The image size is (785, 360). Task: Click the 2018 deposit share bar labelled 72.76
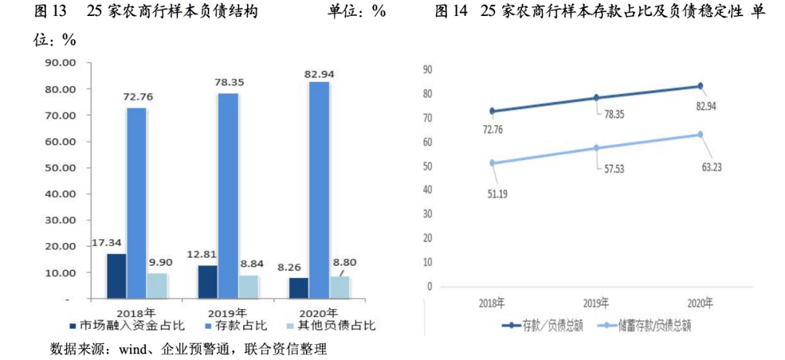(x=137, y=203)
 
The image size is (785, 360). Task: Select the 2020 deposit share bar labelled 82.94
(x=319, y=189)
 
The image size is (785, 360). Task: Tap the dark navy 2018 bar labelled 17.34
(x=116, y=276)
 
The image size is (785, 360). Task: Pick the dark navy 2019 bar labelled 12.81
(x=207, y=281)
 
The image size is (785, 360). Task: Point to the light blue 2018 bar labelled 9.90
(x=157, y=286)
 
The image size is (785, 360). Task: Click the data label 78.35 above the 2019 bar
(x=228, y=82)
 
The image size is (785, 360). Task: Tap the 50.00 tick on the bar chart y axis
(x=61, y=167)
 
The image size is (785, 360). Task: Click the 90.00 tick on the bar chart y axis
(x=61, y=63)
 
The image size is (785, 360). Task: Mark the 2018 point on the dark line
(x=492, y=111)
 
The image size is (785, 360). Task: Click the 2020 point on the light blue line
(x=700, y=134)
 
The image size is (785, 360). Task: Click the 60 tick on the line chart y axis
(x=427, y=142)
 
